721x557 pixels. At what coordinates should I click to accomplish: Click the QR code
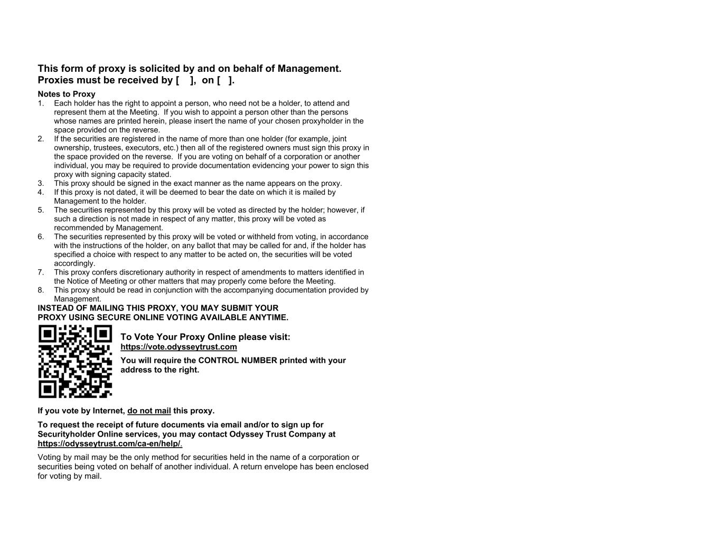pos(75,361)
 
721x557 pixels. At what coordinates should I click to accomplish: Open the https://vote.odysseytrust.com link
pos(179,347)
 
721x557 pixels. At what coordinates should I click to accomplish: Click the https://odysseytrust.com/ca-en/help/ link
pos(109,443)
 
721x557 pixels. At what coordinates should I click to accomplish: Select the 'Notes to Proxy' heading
pos(67,94)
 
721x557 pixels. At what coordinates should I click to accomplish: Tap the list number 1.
pos(41,103)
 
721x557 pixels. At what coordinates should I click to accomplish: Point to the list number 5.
pos(41,210)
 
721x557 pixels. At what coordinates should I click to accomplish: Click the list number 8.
pos(41,290)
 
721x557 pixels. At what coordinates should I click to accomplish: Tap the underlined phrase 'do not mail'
pos(149,411)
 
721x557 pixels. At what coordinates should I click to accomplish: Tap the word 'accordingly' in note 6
pos(74,263)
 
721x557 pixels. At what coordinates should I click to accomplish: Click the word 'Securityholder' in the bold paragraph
pos(66,434)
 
